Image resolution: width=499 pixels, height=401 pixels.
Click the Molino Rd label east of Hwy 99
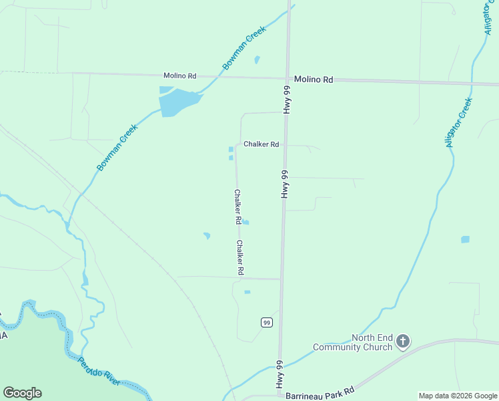(313, 80)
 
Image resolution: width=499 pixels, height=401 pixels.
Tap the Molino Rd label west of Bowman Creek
(177, 76)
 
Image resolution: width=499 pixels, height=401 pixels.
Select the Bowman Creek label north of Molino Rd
(244, 48)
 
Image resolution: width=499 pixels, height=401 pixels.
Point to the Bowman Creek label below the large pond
(117, 148)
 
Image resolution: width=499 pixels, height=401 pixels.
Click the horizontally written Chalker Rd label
(261, 144)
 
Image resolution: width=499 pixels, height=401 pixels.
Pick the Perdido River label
(99, 372)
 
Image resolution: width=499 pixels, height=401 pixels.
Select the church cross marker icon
(402, 342)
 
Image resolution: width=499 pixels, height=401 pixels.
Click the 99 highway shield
(267, 322)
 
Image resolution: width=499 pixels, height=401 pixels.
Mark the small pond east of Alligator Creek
(465, 239)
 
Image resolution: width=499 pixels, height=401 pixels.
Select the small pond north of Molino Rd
(257, 59)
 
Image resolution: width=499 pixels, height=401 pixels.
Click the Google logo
(22, 392)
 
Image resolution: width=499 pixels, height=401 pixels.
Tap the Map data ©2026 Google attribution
(457, 396)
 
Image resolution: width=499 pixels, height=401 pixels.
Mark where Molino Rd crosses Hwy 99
(289, 78)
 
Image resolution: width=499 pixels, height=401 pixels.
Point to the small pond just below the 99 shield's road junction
(247, 292)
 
